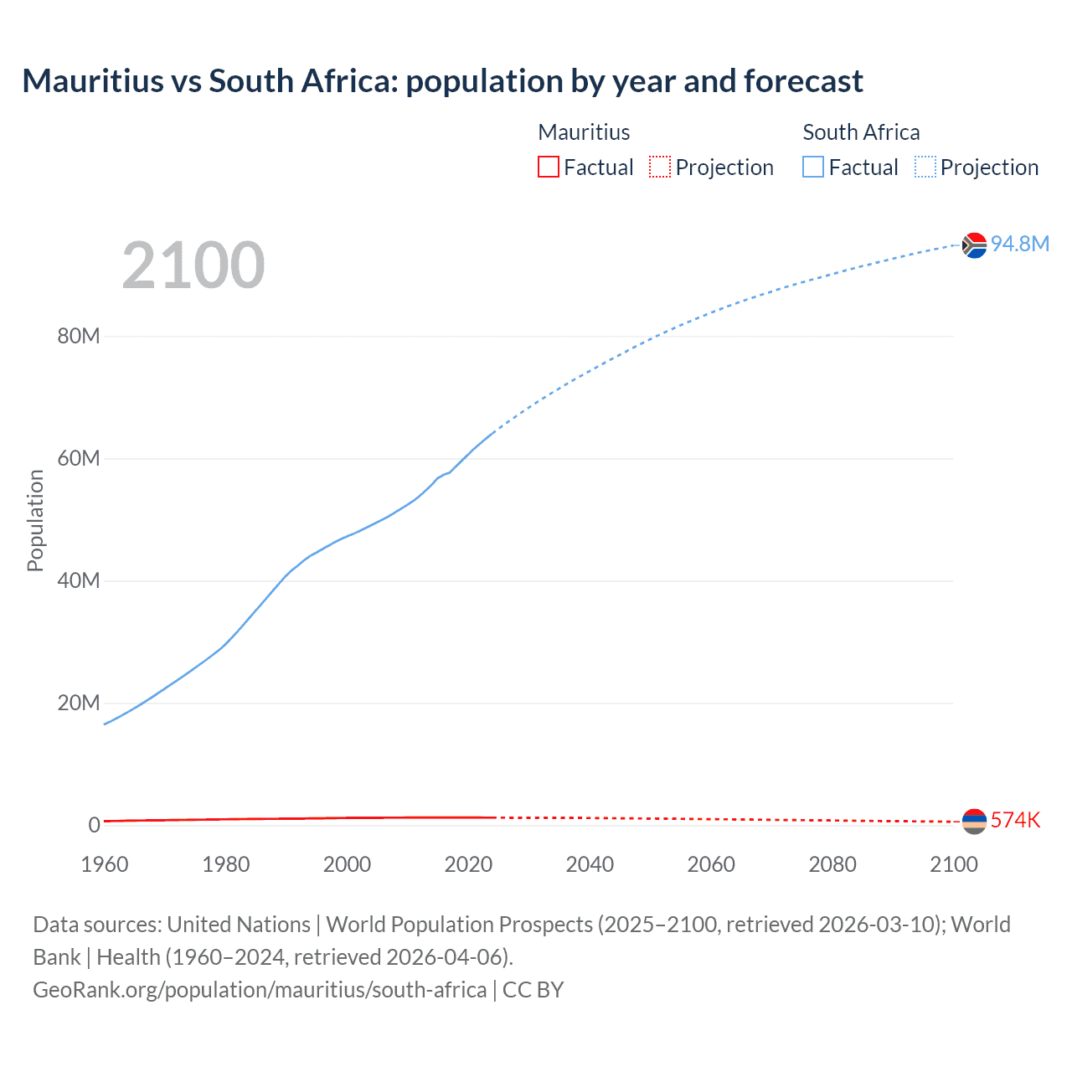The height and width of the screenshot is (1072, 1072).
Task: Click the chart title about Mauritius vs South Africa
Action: tap(442, 81)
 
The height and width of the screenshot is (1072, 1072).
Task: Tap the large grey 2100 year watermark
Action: tap(193, 265)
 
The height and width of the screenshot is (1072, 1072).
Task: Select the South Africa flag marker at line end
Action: tap(974, 245)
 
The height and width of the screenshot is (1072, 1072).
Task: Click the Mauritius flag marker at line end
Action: tap(974, 821)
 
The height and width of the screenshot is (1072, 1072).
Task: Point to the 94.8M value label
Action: tap(1019, 244)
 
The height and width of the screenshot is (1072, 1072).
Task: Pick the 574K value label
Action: tap(1015, 820)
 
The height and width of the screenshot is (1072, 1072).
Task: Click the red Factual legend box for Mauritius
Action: tap(549, 167)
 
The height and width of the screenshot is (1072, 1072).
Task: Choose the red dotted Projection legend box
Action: tap(660, 167)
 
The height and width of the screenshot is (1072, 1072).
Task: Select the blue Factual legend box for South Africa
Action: tap(813, 167)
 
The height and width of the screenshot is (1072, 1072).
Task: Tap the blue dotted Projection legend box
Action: tap(925, 167)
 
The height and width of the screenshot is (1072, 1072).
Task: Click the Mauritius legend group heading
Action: tap(584, 132)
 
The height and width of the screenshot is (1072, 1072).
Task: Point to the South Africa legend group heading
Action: tap(861, 132)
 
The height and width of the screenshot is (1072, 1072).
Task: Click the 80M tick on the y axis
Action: tap(79, 337)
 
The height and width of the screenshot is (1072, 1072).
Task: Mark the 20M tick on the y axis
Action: tap(79, 703)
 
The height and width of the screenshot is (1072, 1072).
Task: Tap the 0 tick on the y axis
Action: tap(94, 825)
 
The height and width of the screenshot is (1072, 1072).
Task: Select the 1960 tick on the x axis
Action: tap(105, 864)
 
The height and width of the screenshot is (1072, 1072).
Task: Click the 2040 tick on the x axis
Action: tap(590, 864)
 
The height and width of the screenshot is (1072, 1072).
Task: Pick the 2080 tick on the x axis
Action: tap(832, 864)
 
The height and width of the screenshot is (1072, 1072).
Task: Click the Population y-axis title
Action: tap(35, 520)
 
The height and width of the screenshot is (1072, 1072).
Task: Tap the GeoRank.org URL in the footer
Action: tap(260, 990)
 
